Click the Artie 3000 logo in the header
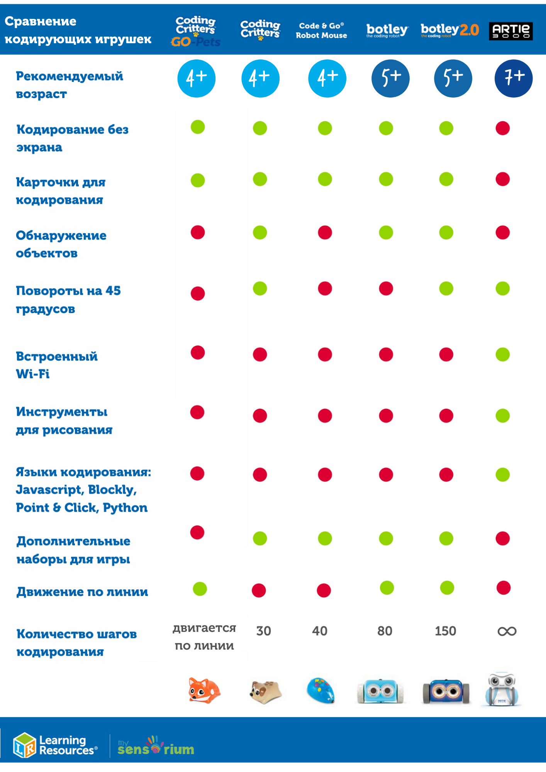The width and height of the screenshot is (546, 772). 510,31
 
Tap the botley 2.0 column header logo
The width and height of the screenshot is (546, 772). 449,30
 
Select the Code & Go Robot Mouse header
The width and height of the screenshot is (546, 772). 321,30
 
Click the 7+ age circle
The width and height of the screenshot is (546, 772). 513,78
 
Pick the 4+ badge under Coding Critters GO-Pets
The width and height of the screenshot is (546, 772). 196,78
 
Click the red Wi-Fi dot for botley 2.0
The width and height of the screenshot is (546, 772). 446,354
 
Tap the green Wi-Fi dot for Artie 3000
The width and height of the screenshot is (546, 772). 502,354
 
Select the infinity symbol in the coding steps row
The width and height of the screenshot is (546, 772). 507,631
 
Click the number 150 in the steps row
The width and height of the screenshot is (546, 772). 445,631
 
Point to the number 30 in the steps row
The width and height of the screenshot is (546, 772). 263,631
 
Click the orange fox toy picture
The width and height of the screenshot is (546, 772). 204,691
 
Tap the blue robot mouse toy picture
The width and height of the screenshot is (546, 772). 321,691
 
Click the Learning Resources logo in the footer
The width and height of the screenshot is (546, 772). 55,745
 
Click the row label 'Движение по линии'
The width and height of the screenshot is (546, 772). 82,592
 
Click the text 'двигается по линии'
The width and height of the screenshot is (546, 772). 204,637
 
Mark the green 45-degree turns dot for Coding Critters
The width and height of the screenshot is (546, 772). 260,288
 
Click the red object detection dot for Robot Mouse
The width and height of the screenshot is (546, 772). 325,233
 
